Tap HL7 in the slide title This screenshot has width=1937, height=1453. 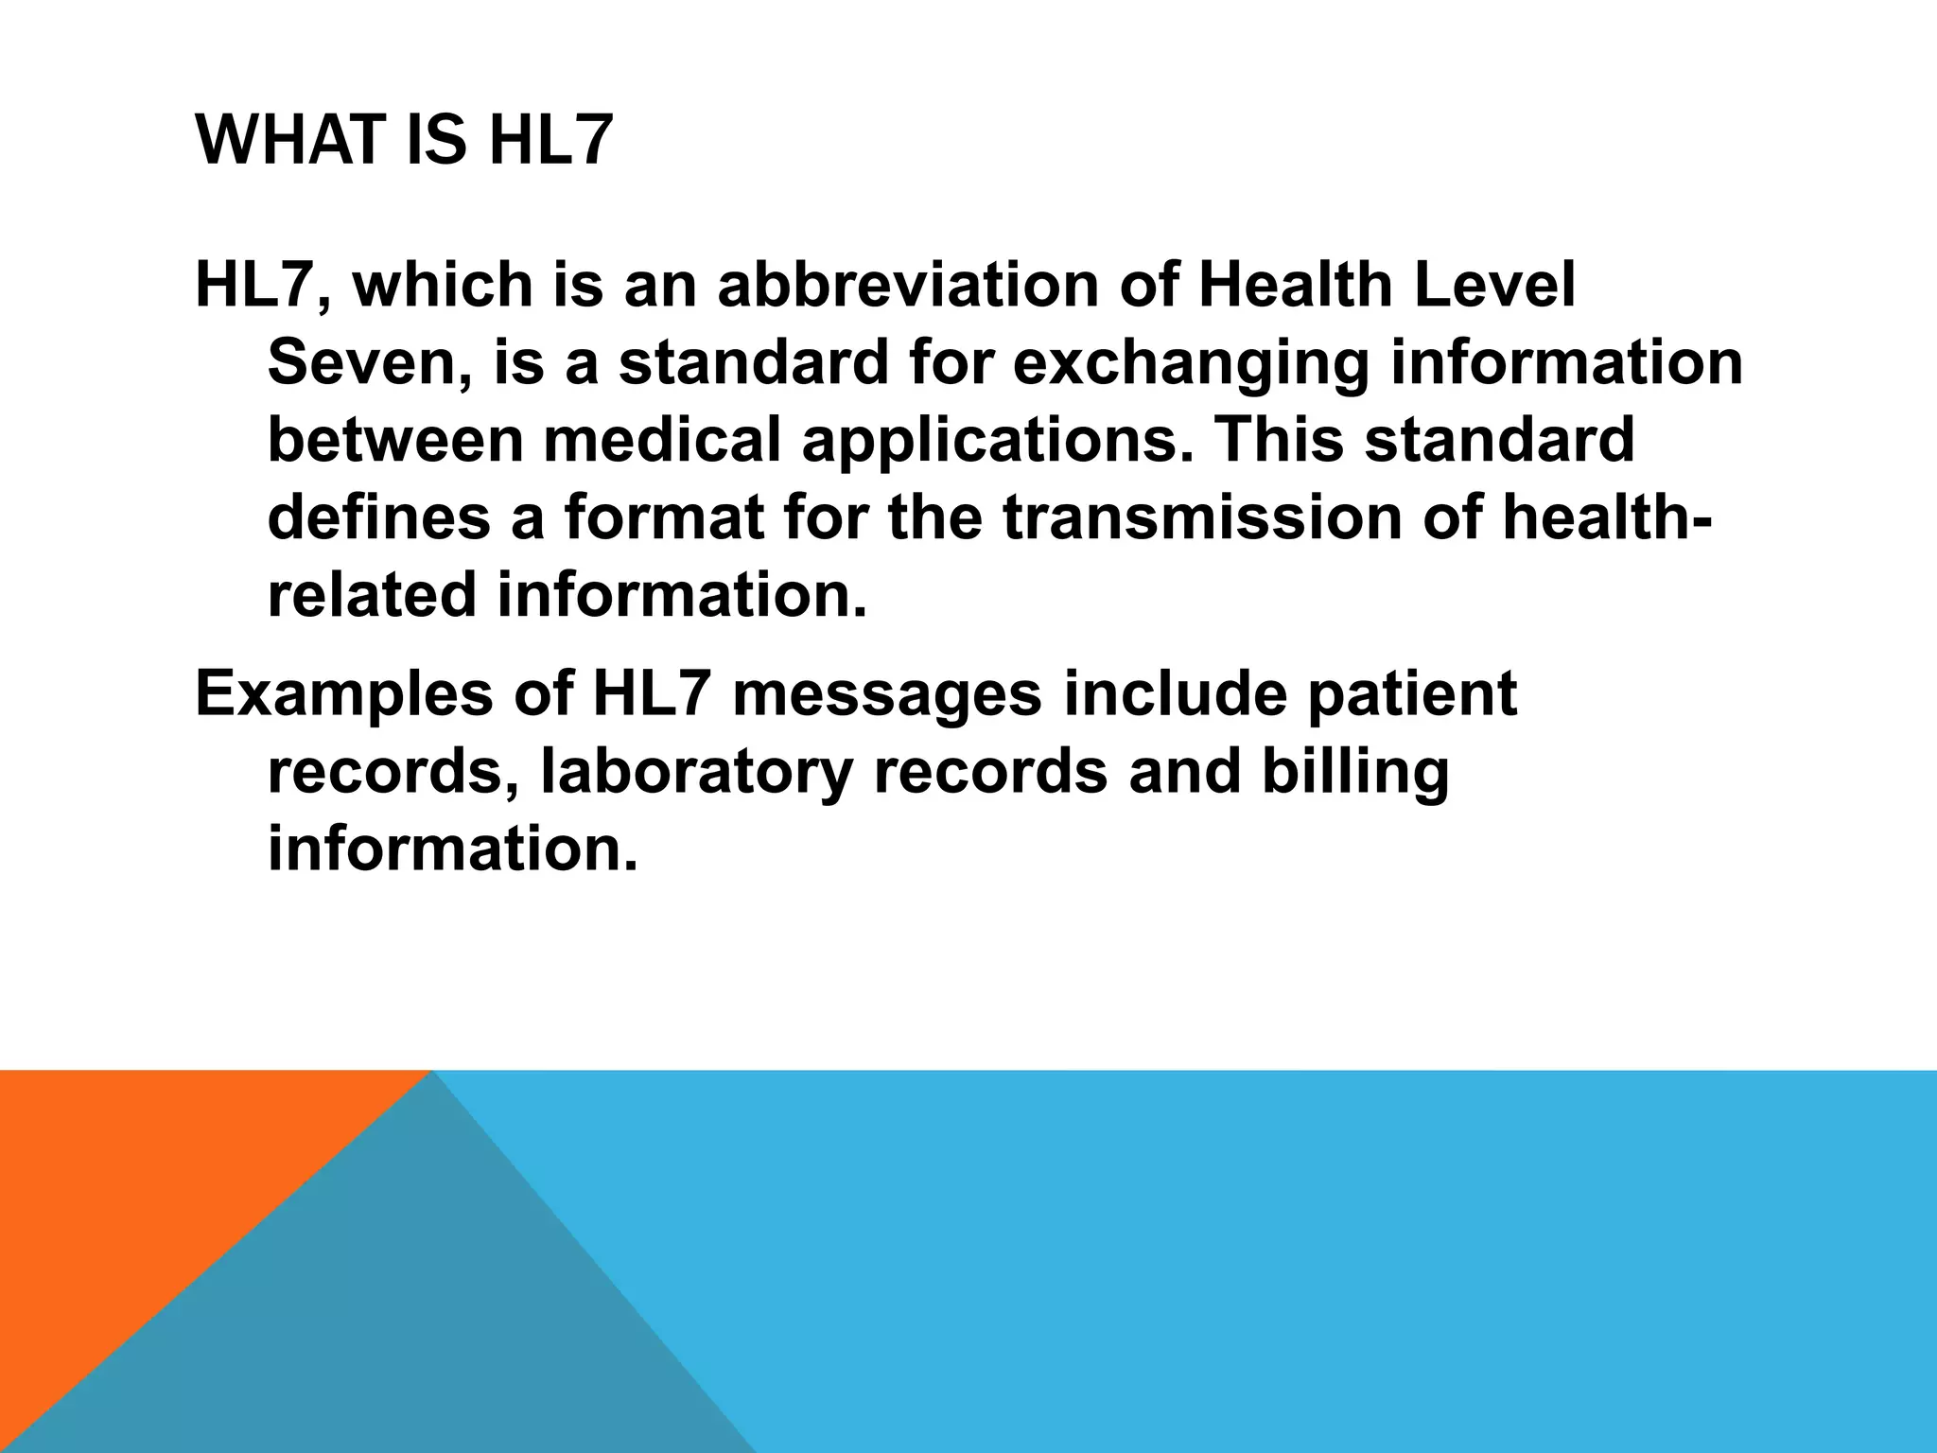click(x=550, y=140)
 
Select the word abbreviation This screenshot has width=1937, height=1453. click(x=907, y=285)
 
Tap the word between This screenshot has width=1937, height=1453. click(x=394, y=441)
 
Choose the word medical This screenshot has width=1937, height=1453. click(x=662, y=441)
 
